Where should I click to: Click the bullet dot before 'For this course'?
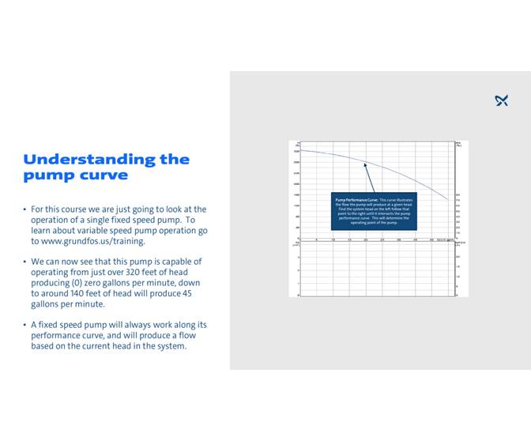[x=24, y=209]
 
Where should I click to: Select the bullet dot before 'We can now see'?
[x=24, y=262]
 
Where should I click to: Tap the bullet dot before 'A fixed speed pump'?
[x=24, y=325]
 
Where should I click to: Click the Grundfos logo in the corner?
[x=501, y=100]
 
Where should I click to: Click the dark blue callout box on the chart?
[x=374, y=211]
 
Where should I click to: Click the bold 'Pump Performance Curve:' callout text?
[x=353, y=200]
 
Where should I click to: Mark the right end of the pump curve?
[x=448, y=199]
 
